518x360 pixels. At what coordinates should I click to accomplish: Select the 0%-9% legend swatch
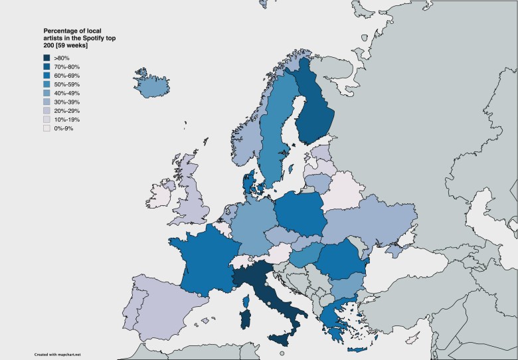pos(46,128)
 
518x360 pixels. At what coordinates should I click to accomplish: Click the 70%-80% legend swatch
pos(46,67)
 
